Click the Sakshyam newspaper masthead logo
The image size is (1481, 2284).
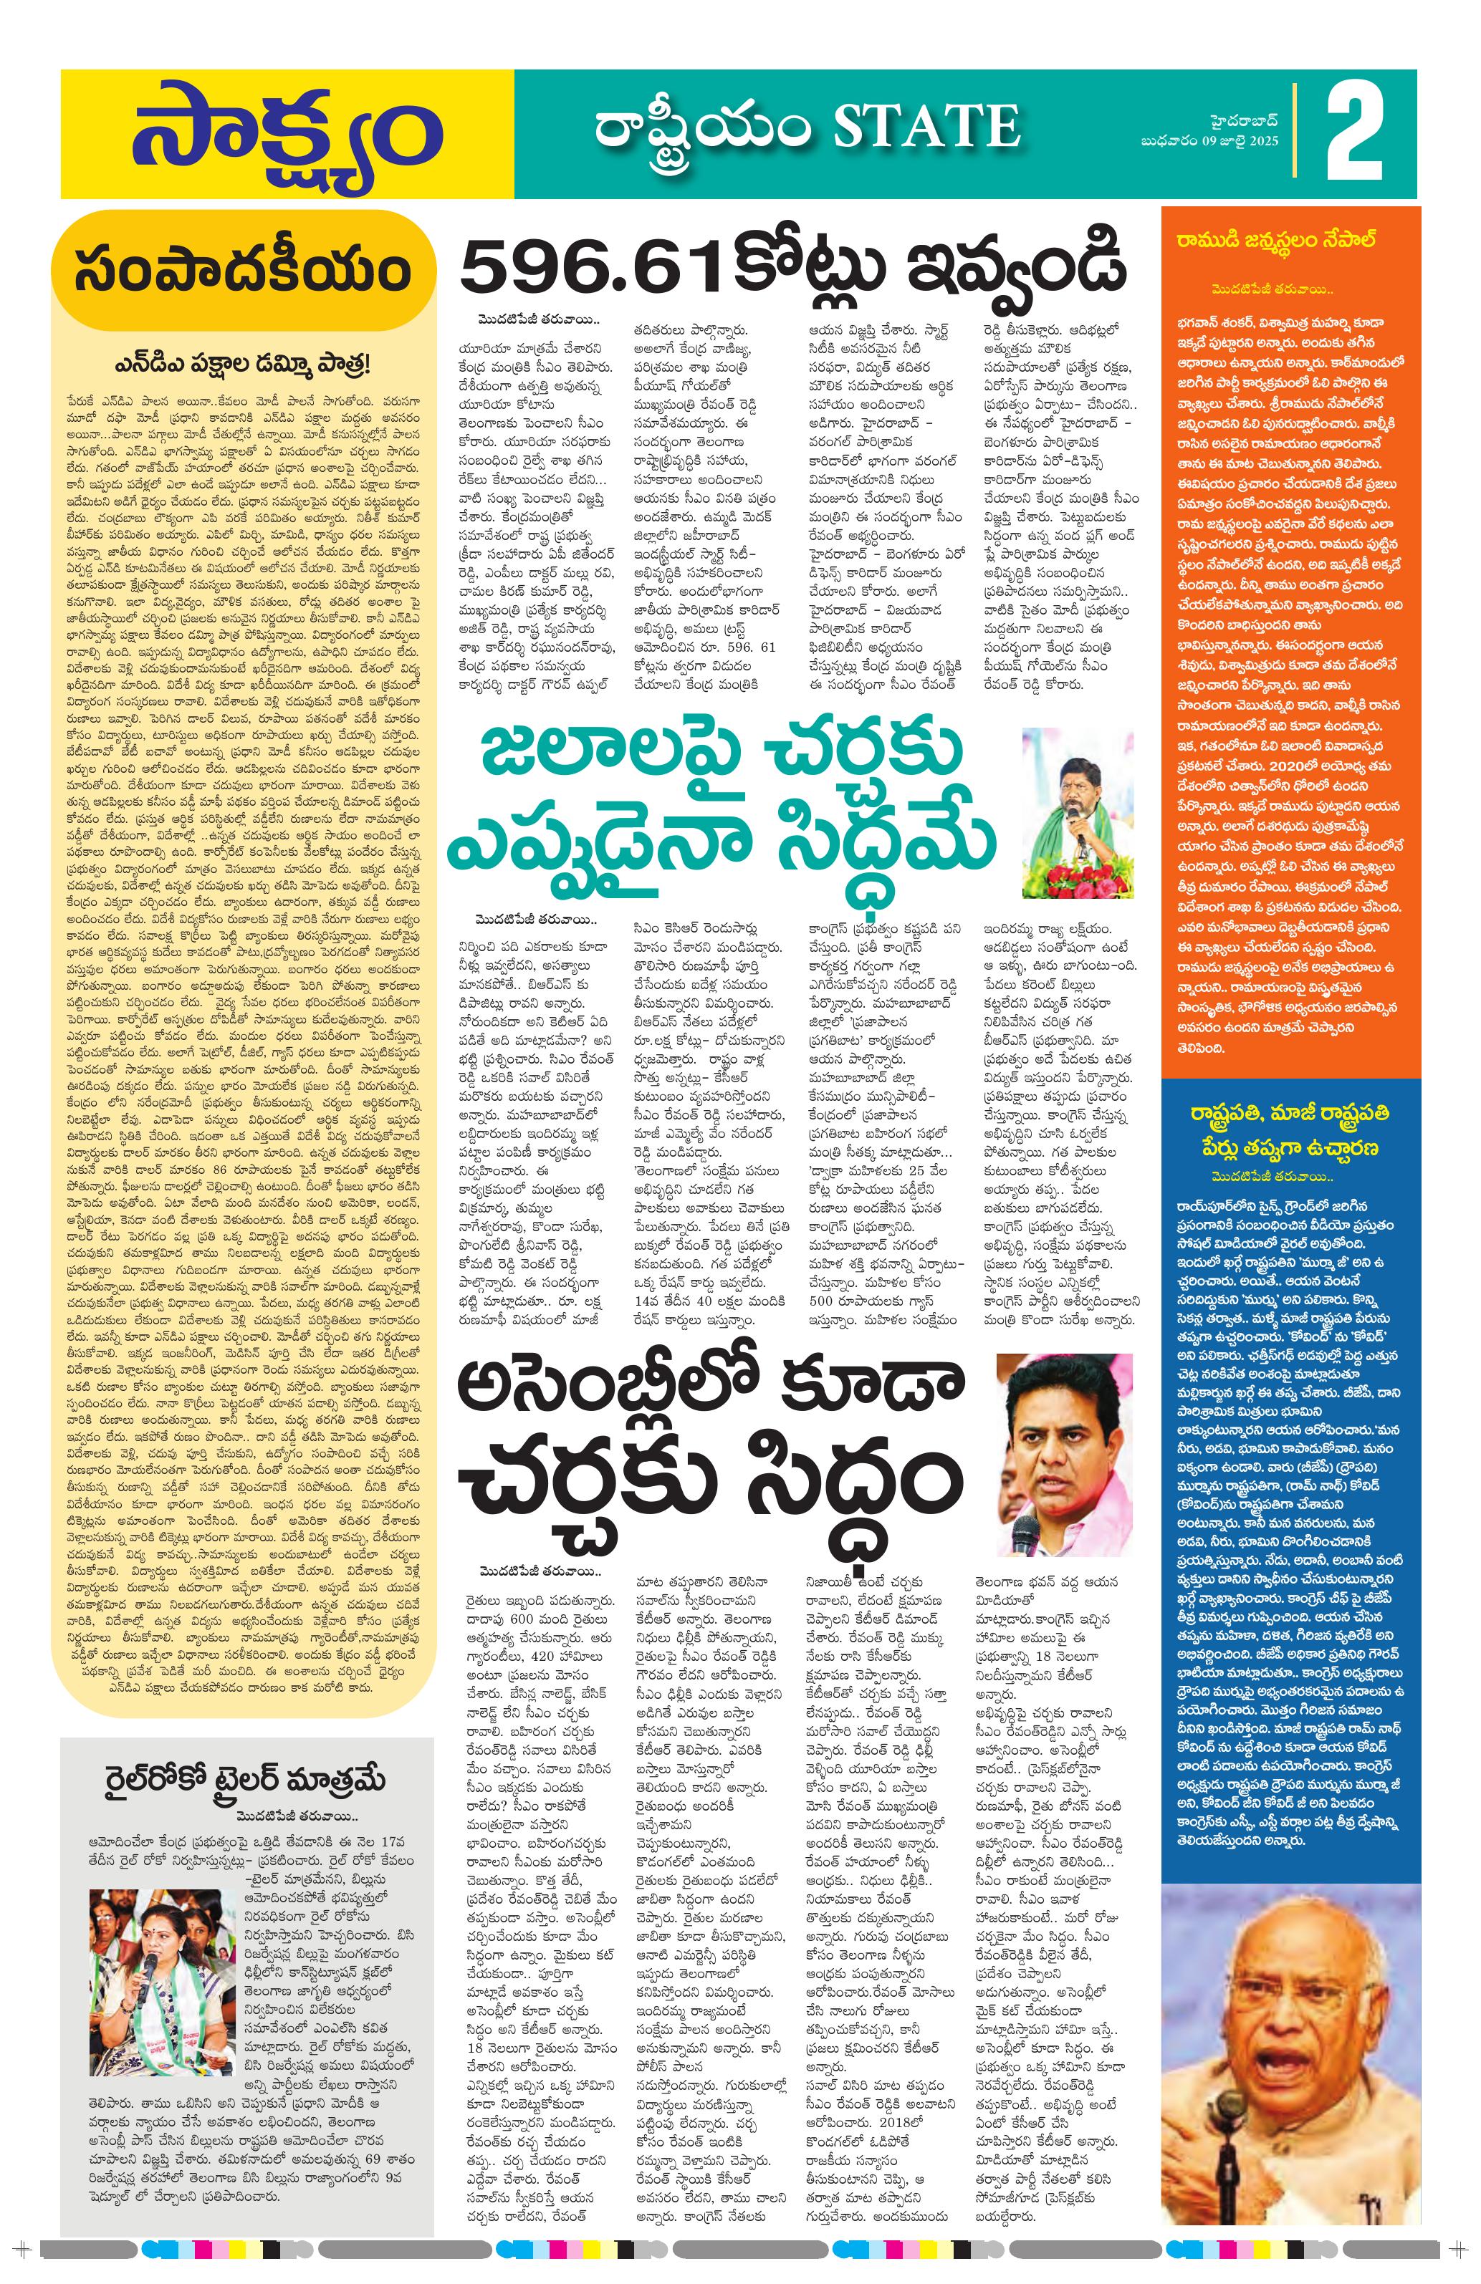click(286, 135)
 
